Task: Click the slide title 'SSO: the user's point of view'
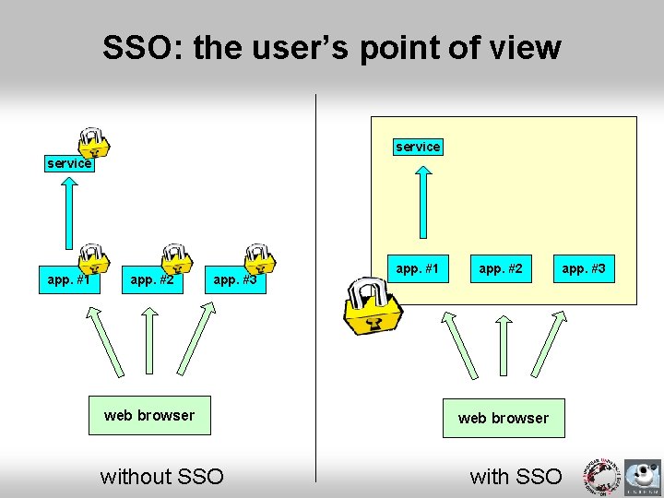331,48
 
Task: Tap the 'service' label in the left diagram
69,163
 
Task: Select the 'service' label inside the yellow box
418,147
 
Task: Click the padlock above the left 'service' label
92,140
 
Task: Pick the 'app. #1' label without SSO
69,279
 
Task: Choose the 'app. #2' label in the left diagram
152,279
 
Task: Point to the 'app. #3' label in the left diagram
235,279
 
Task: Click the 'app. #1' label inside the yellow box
418,269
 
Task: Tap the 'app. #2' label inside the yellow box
501,269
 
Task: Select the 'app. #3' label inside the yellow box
584,269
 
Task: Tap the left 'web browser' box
149,416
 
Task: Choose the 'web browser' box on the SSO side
503,418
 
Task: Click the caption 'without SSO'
161,477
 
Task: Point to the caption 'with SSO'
516,477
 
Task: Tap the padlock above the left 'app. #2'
174,259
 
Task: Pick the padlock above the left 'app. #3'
258,259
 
